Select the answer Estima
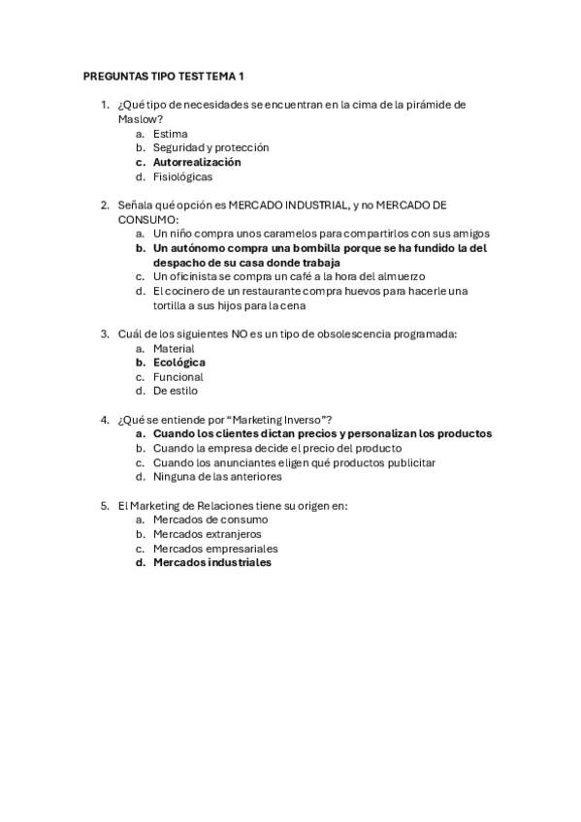[x=171, y=134]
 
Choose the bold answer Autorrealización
[x=197, y=162]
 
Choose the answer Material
[x=174, y=348]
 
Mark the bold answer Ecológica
[x=179, y=363]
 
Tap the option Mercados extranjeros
[x=207, y=534]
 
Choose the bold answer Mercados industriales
[x=212, y=562]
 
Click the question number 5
[x=105, y=505]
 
